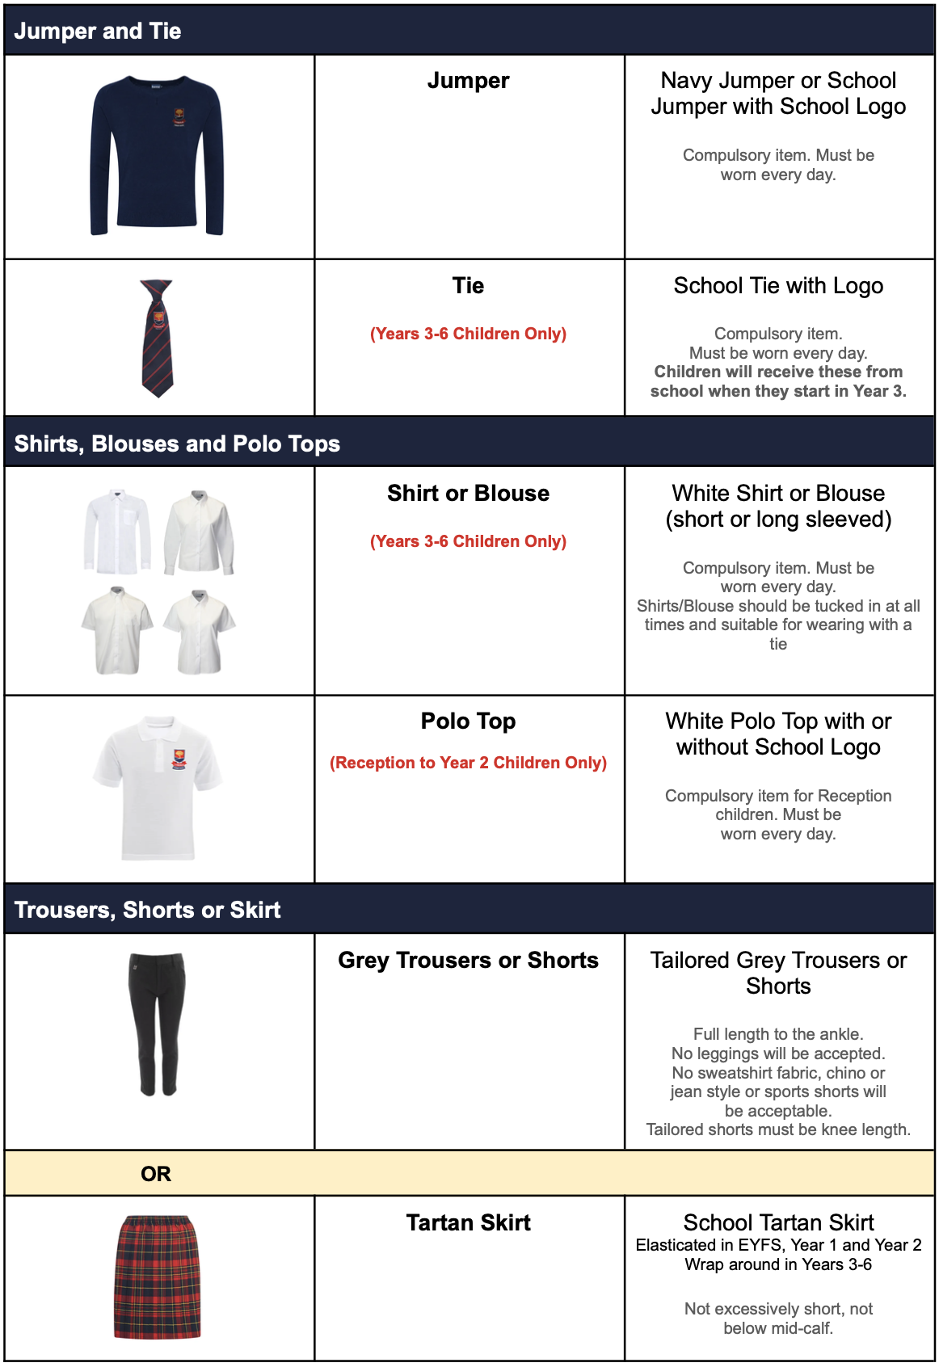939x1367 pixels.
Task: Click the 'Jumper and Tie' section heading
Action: (98, 32)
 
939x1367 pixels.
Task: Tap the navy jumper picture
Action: (157, 155)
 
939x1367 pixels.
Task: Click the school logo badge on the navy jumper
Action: (179, 118)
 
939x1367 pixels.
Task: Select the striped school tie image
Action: (157, 338)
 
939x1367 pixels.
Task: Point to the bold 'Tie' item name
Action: (468, 286)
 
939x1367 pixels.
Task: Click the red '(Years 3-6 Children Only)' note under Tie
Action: (468, 334)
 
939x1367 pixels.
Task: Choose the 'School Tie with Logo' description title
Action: (778, 286)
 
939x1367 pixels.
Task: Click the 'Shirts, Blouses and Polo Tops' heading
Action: (177, 444)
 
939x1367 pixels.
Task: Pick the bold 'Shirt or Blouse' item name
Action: (468, 494)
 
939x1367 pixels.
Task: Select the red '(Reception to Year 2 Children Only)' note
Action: (468, 763)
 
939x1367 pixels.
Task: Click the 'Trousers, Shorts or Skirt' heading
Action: (147, 910)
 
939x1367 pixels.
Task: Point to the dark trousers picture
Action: (157, 1024)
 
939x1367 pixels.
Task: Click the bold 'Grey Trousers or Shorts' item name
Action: (468, 961)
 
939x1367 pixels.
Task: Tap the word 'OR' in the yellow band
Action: (156, 1174)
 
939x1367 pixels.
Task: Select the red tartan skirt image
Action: (157, 1277)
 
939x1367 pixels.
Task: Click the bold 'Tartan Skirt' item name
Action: (468, 1223)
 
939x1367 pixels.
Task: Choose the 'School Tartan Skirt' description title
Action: (778, 1222)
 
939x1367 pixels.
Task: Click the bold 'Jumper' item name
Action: (468, 81)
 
